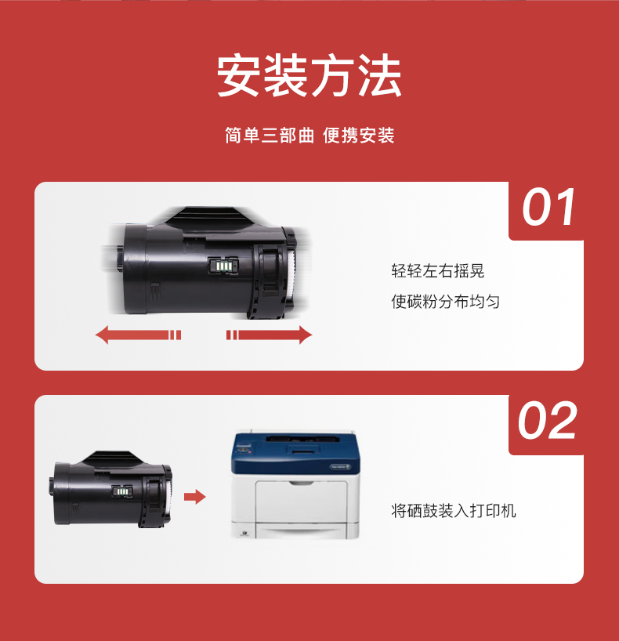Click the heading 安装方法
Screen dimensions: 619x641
(309, 76)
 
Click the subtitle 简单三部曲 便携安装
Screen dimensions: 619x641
(309, 136)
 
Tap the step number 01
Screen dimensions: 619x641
(548, 207)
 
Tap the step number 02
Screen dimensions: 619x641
(547, 420)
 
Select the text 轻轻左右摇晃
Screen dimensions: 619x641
(438, 271)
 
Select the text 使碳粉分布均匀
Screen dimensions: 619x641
(446, 302)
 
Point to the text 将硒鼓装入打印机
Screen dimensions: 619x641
(454, 511)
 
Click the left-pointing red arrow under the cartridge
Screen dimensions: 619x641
(138, 335)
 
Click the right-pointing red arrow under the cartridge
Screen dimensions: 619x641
(269, 335)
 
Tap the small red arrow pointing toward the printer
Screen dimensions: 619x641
(194, 497)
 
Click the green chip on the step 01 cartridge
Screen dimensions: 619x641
(223, 266)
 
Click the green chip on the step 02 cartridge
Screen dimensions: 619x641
(121, 491)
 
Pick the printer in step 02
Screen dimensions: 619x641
(295, 484)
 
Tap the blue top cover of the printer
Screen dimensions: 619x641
(295, 453)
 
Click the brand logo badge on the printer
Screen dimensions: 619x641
(340, 467)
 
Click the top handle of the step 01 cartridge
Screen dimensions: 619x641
(208, 216)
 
